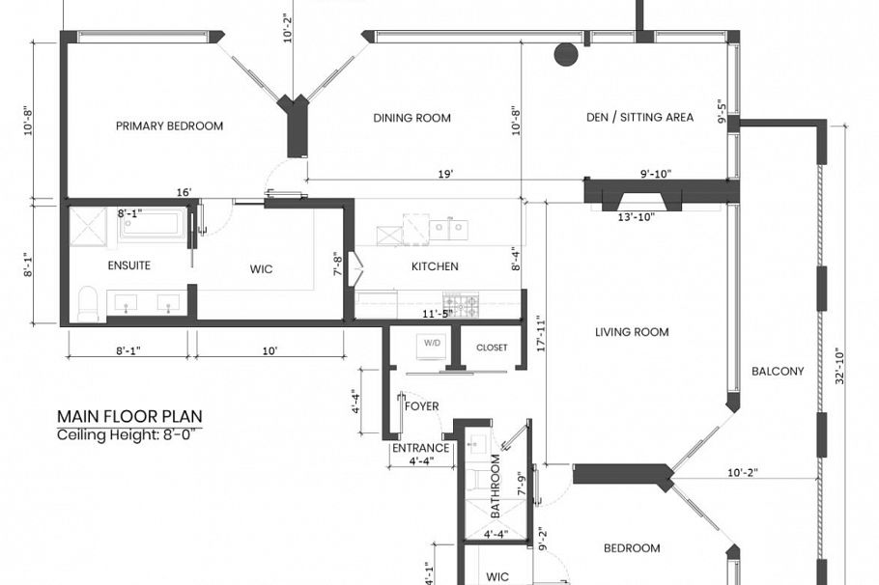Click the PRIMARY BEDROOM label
[x=169, y=125]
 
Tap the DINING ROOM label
[x=412, y=118]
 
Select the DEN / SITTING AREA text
[x=639, y=118]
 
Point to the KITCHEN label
[x=435, y=266]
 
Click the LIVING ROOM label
[x=632, y=332]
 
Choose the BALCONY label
[x=778, y=371]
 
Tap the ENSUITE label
[x=128, y=265]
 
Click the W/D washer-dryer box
[x=428, y=344]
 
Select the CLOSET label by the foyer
[x=492, y=348]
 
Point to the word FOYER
[x=422, y=406]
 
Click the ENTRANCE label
[x=420, y=448]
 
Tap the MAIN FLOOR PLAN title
[x=129, y=416]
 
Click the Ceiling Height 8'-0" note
[x=129, y=434]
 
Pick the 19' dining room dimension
[x=446, y=175]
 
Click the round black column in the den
[x=566, y=54]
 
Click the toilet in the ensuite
[x=87, y=303]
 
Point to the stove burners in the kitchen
[x=461, y=305]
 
